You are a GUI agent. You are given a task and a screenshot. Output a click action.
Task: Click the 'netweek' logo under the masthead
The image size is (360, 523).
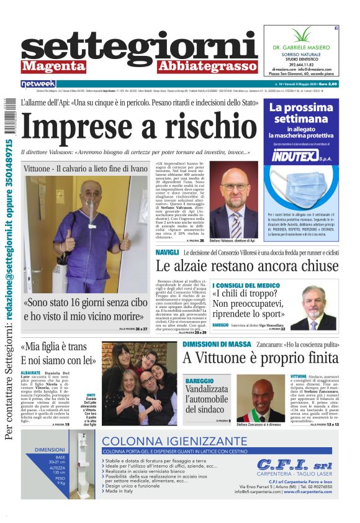click(38, 83)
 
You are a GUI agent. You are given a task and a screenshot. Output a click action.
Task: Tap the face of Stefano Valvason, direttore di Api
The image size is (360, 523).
click(235, 187)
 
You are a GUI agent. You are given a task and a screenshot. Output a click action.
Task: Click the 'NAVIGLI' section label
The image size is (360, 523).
click(168, 253)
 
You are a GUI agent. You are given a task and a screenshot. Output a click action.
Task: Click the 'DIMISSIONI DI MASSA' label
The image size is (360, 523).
click(215, 344)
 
